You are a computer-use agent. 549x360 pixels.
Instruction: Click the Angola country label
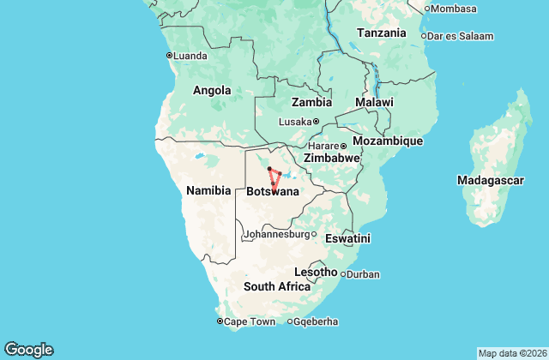pos(212,90)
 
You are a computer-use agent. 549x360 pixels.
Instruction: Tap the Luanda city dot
pos(169,56)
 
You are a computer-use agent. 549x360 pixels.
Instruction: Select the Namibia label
pos(208,190)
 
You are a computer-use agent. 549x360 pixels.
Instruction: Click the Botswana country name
pos(273,192)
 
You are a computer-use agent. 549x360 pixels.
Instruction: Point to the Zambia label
pos(311,78)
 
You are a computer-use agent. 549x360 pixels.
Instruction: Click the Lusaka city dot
pos(316,121)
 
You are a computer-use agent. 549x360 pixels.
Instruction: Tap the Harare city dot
pos(343,145)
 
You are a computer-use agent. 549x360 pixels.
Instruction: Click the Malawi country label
pos(375,102)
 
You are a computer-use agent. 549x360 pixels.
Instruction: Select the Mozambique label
pos(389,140)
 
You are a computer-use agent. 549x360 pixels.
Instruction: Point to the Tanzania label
pos(382,33)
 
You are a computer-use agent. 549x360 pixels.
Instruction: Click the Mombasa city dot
pos(426,9)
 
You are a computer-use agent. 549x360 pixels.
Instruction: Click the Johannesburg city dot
pos(313,234)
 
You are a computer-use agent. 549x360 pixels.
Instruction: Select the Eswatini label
pos(348,238)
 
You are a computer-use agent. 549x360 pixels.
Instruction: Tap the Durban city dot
pos(343,274)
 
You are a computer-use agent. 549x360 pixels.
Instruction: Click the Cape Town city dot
pos(220,321)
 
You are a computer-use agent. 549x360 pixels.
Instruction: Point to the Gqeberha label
pos(316,321)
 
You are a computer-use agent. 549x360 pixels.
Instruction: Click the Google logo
pos(28,350)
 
